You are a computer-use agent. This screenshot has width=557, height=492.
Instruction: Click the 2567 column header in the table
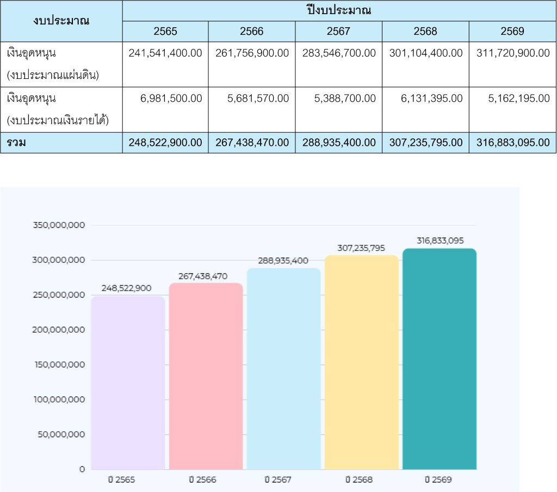(338, 32)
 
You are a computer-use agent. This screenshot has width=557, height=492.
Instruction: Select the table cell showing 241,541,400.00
(165, 53)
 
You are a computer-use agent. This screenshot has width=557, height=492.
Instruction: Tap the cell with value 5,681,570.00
(252, 99)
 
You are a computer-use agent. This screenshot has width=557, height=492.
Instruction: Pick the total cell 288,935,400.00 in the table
(338, 143)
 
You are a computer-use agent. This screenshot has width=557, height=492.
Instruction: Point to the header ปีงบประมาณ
(338, 10)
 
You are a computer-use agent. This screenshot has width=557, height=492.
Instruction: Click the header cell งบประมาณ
(61, 21)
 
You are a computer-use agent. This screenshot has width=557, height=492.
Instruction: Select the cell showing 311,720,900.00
(512, 53)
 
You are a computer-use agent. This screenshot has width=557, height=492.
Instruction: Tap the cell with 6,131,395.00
(425, 99)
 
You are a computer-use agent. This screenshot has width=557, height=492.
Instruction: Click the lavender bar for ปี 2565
(128, 381)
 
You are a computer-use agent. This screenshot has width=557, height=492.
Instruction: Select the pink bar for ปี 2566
(206, 376)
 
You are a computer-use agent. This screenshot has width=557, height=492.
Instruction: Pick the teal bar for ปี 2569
(440, 359)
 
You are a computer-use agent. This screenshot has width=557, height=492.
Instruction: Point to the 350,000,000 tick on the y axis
(59, 225)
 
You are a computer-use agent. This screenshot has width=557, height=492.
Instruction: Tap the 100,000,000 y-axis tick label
(59, 399)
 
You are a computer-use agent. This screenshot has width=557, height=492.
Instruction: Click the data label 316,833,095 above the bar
(440, 240)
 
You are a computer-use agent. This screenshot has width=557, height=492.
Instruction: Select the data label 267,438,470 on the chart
(203, 276)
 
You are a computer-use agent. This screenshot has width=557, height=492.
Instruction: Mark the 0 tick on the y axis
(82, 469)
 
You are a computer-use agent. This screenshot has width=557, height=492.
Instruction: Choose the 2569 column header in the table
(512, 32)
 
